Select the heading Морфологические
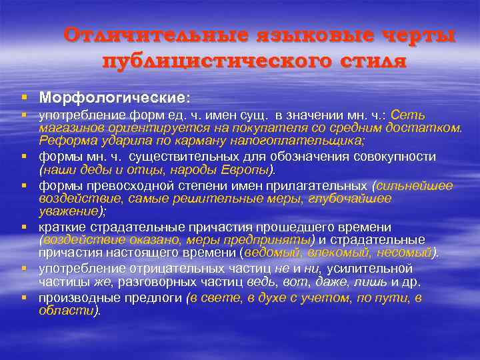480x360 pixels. [x=114, y=97]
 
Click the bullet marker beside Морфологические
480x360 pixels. [x=25, y=97]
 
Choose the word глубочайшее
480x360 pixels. [x=349, y=199]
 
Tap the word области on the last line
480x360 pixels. [x=67, y=310]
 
